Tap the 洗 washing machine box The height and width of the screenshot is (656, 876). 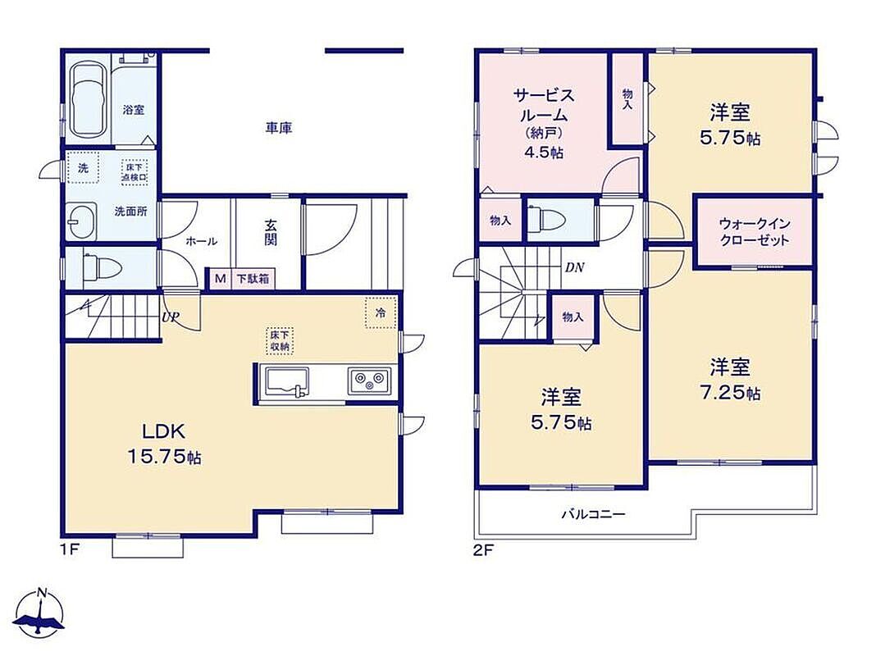point(83,167)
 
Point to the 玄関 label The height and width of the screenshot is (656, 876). point(271,233)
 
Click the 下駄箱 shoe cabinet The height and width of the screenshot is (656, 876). point(252,278)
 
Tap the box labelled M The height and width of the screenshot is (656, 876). point(220,278)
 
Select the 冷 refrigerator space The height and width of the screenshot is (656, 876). point(381,312)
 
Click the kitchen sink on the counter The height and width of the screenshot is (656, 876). point(287,381)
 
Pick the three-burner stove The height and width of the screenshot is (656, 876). point(369,380)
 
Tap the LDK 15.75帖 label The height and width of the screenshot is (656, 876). point(164,444)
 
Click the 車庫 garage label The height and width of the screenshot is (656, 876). point(278,129)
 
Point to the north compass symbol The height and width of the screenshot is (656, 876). point(39,613)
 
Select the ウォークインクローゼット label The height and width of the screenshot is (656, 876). point(754,232)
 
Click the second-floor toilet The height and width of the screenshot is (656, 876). point(550,218)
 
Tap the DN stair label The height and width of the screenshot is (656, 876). point(574,268)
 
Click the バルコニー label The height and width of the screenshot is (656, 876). point(593,514)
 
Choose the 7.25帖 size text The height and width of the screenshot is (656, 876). point(730,393)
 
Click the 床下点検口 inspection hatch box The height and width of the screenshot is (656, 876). point(135,172)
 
